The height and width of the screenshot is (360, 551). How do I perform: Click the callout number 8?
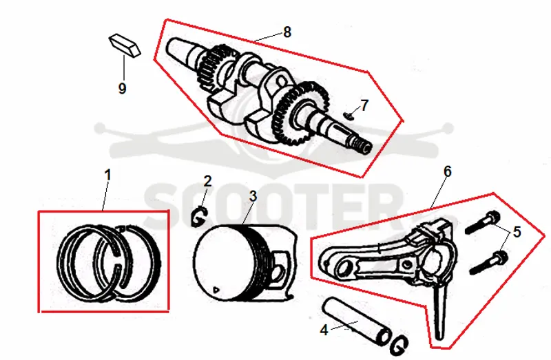click(287, 32)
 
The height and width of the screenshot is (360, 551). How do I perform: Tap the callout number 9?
click(122, 88)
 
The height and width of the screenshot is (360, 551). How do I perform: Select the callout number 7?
click(364, 105)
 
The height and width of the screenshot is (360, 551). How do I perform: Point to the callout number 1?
click(107, 175)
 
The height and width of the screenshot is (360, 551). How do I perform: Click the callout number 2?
click(208, 181)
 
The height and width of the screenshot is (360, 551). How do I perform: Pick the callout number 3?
click(253, 196)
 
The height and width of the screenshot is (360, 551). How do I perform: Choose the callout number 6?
click(447, 172)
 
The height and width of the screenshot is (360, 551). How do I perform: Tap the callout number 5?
click(517, 232)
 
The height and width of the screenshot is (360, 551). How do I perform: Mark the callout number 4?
click(324, 330)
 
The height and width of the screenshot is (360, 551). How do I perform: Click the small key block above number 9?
click(124, 45)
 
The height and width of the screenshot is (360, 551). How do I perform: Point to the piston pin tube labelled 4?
click(355, 321)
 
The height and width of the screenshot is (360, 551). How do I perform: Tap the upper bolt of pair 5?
click(482, 222)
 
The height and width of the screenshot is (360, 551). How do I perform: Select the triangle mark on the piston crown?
click(216, 289)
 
